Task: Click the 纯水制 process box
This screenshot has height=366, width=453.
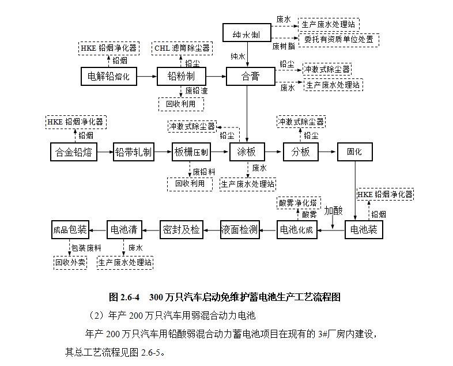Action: pos(246,32)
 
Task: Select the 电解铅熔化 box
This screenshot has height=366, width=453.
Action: pos(109,76)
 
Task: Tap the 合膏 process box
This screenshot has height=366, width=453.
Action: pos(250,76)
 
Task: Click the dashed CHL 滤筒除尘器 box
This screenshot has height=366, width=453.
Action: pos(182,48)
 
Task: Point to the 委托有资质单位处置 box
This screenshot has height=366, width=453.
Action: pos(338,40)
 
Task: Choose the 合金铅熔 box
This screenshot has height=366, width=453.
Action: pos(73,152)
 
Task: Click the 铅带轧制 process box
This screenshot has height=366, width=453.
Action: pos(134,152)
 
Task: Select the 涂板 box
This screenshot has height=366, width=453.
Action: pos(247,152)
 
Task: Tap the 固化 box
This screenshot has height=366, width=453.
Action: pos(354,152)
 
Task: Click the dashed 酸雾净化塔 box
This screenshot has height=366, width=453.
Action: pos(297,203)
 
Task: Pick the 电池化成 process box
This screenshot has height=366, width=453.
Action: pos(296,229)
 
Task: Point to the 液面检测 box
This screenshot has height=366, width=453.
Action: pos(239,229)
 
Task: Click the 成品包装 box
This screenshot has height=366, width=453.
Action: pos(70,229)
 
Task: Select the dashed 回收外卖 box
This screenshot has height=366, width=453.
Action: pos(70,263)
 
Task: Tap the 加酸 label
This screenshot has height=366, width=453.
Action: pos(333,210)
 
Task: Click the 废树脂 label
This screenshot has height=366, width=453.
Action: pos(284,45)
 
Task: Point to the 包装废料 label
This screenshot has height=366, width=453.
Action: pos(86,248)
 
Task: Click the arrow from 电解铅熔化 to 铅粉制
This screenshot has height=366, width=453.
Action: pos(147,76)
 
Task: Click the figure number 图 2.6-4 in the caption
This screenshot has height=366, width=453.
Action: pos(124,298)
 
